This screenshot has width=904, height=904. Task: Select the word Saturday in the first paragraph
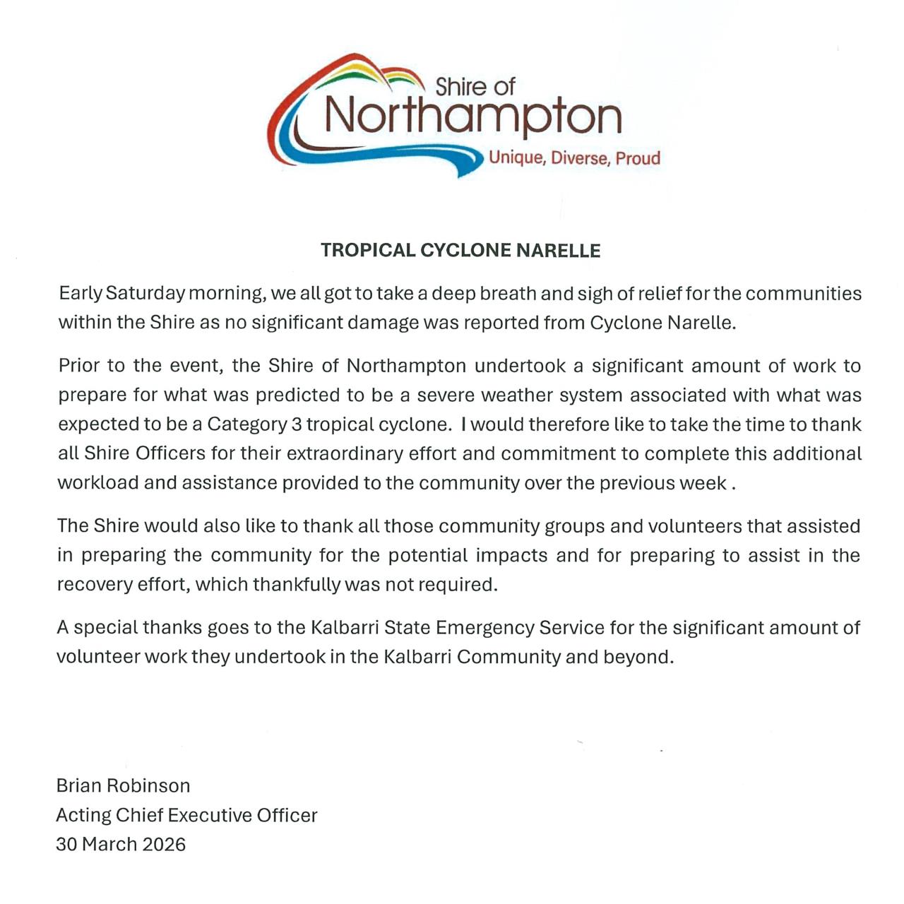145,293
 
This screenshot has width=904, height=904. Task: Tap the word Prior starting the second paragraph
79,366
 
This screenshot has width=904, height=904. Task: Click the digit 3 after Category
299,424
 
